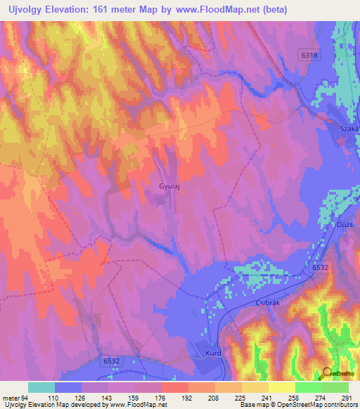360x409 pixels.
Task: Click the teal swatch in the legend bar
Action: [x=41, y=387]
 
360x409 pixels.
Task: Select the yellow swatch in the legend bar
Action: [x=282, y=387]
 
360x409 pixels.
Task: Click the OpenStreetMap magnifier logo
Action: [x=328, y=373]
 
